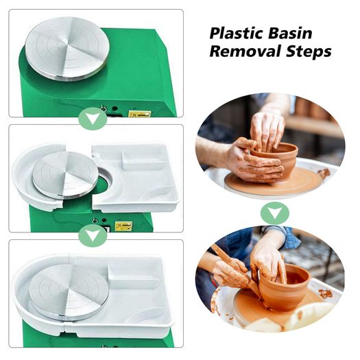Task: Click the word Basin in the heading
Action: (290, 34)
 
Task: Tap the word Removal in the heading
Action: (245, 51)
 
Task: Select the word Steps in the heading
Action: (309, 51)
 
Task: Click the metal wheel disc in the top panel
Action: (67, 49)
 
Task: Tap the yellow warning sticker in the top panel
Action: (140, 114)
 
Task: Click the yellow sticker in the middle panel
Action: (123, 226)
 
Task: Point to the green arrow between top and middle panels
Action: (93, 119)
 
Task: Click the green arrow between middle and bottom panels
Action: (93, 235)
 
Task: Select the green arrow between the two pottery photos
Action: (274, 213)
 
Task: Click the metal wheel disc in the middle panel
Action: (65, 174)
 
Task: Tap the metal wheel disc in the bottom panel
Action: (68, 292)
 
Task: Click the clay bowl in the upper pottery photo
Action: (276, 160)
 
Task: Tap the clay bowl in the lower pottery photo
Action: (285, 287)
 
